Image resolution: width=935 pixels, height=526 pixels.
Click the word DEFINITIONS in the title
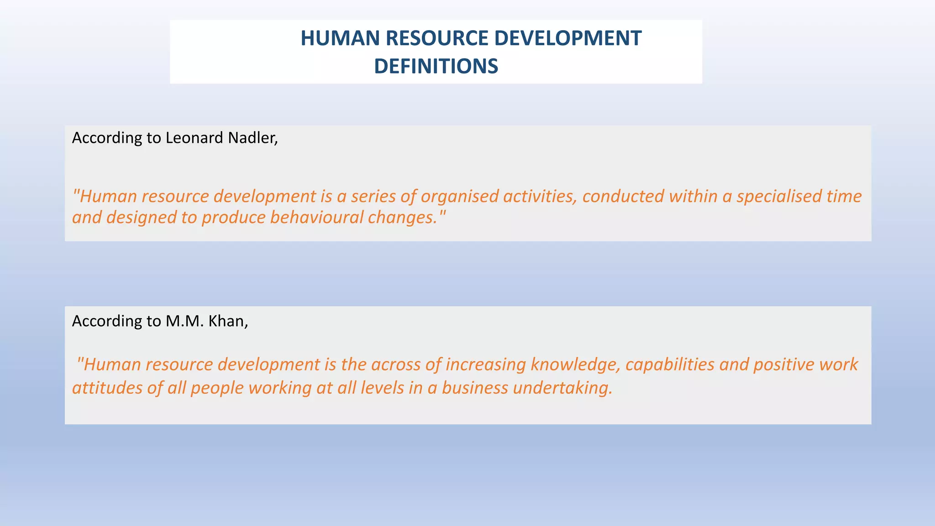point(436,66)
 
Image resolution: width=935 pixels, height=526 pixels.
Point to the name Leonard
point(194,138)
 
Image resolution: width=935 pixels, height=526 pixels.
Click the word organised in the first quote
point(459,196)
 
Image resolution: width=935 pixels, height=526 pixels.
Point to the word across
point(396,365)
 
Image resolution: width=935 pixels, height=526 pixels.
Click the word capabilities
point(670,365)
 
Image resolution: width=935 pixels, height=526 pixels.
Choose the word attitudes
point(107,388)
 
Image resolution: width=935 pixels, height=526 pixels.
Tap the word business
point(475,388)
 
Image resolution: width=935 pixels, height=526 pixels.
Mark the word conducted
point(623,196)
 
